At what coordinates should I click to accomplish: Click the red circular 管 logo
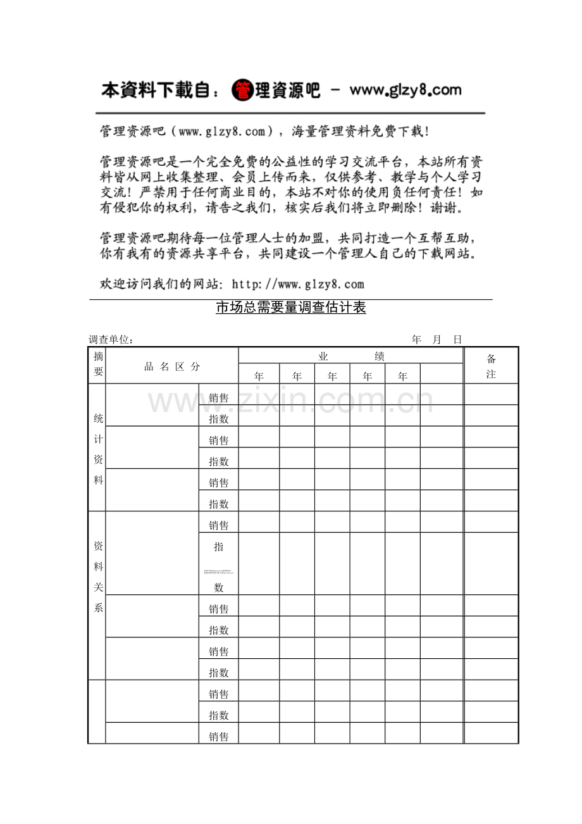click(x=242, y=91)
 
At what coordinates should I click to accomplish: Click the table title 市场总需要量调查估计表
click(x=291, y=308)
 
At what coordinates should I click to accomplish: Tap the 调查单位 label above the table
click(x=111, y=340)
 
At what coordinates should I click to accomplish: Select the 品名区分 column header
click(x=172, y=366)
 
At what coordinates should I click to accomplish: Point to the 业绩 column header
click(x=351, y=356)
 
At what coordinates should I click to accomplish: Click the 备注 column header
click(x=491, y=366)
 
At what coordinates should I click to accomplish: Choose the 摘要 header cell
click(x=98, y=365)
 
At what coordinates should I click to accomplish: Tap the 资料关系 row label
click(x=98, y=577)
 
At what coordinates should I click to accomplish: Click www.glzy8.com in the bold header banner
click(x=406, y=91)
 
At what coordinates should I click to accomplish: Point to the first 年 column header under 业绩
click(x=259, y=376)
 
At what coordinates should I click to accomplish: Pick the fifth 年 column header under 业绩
click(x=402, y=376)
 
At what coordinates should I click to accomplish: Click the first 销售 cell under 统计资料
click(x=219, y=397)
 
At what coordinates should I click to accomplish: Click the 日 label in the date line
click(x=457, y=340)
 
